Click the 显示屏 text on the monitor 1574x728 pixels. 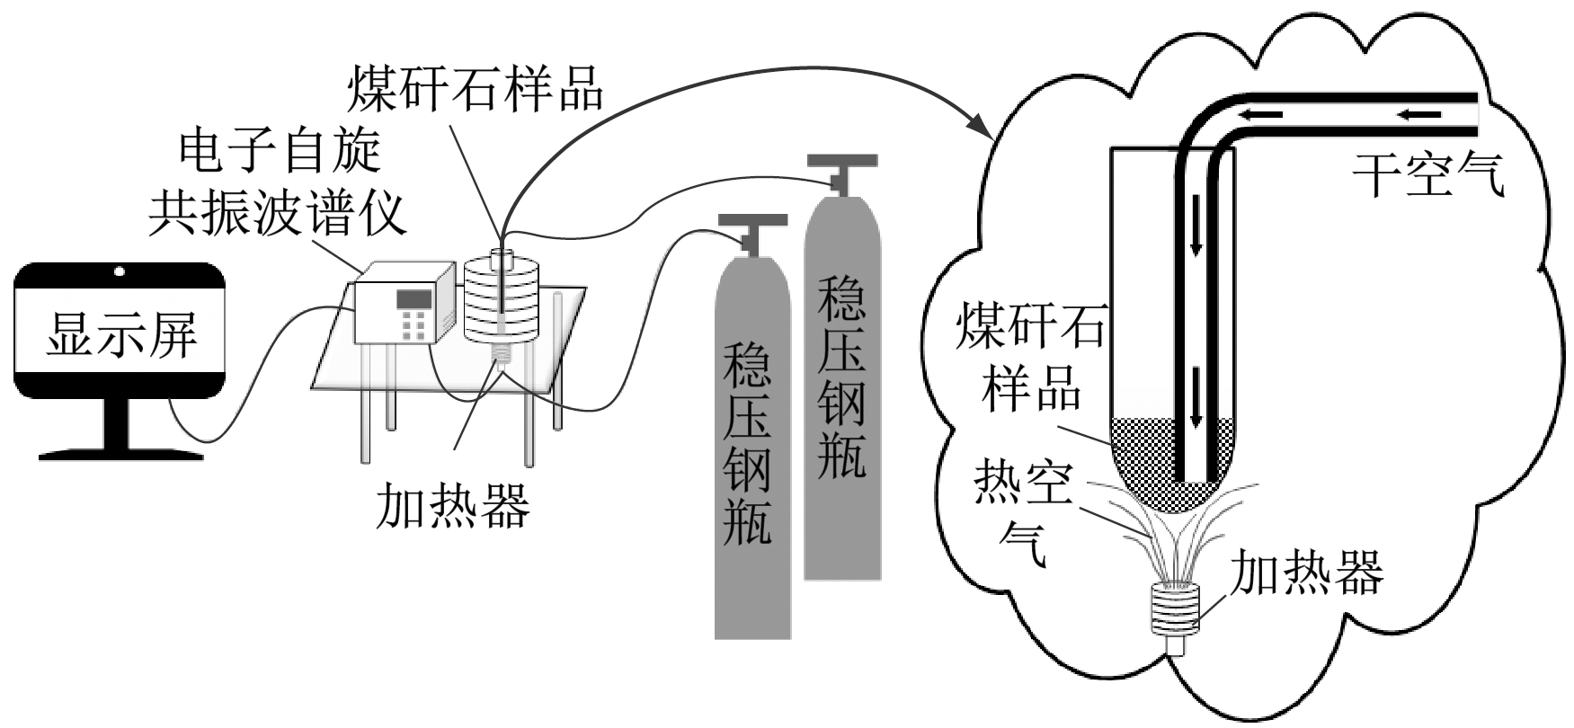click(x=120, y=334)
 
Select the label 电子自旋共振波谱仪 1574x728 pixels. click(x=278, y=183)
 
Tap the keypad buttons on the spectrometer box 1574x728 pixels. click(x=414, y=324)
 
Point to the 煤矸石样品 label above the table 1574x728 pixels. click(x=476, y=87)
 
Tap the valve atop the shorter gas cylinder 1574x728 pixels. click(x=751, y=230)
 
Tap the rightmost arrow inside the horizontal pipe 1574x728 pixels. click(x=1419, y=114)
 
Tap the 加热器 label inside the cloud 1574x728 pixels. click(x=1305, y=573)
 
